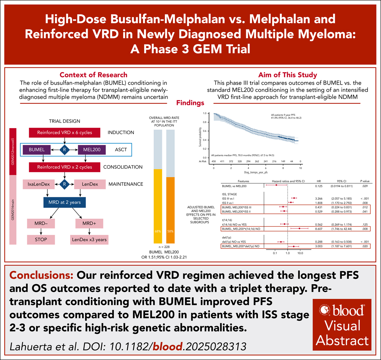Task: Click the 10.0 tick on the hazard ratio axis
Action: click(x=300, y=253)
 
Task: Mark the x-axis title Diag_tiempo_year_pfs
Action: click(x=257, y=173)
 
